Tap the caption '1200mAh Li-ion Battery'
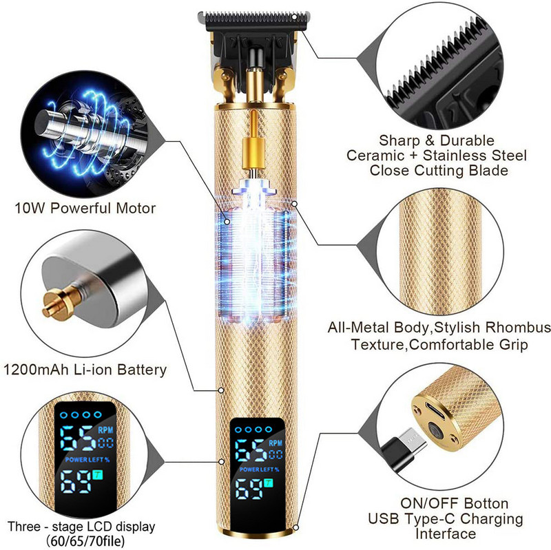(x=85, y=370)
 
